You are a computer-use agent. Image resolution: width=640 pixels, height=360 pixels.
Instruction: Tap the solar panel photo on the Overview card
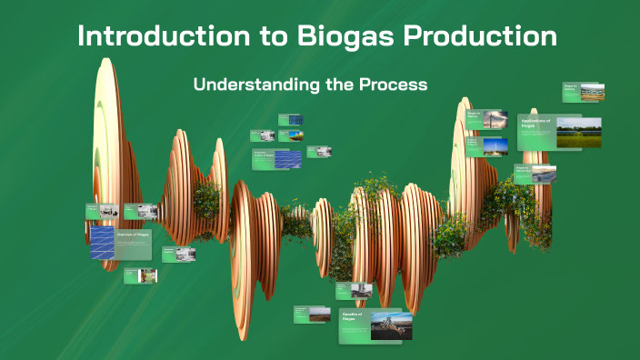102,243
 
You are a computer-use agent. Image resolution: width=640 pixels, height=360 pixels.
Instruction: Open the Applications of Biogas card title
535,123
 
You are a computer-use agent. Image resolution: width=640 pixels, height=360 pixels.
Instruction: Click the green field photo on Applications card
578,132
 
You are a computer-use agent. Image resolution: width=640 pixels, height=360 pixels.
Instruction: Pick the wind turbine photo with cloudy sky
495,119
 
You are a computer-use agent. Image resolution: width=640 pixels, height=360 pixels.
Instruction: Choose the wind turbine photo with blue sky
495,146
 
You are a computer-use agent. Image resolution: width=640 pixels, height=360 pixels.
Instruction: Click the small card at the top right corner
584,92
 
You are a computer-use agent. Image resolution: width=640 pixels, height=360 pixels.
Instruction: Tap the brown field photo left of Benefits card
319,315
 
